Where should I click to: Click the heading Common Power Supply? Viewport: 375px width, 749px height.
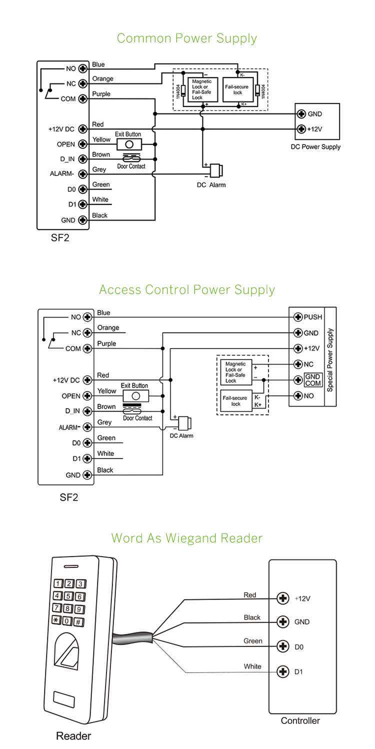tap(187, 38)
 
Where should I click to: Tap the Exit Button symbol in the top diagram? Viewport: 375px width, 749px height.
tap(129, 144)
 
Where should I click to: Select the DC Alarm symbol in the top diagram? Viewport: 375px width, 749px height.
tap(216, 170)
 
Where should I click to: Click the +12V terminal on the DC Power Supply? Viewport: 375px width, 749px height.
tap(301, 129)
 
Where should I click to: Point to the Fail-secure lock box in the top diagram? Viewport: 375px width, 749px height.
tap(237, 90)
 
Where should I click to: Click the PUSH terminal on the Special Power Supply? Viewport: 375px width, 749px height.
tap(298, 317)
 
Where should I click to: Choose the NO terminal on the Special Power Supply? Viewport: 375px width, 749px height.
tap(298, 395)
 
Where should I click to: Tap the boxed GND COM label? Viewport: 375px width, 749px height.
tap(313, 380)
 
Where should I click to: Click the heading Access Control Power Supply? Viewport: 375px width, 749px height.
tap(187, 290)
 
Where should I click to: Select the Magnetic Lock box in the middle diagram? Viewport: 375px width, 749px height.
tap(236, 372)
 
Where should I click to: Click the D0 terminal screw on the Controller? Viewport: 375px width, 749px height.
tap(283, 646)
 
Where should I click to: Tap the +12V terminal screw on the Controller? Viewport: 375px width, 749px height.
tap(283, 598)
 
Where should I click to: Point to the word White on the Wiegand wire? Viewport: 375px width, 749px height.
tap(252, 666)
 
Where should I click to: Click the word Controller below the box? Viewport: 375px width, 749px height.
tap(300, 720)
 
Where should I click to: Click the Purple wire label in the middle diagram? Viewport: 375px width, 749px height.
tap(106, 343)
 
